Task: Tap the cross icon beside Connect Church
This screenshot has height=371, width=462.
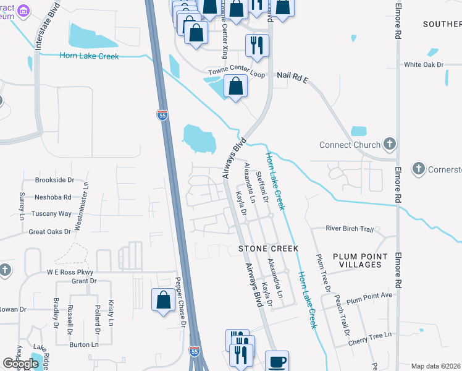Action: [x=389, y=145]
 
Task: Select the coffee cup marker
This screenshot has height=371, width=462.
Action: [x=276, y=361]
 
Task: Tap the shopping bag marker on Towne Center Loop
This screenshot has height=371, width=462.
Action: [x=235, y=86]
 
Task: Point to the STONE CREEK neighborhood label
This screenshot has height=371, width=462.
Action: [x=269, y=249]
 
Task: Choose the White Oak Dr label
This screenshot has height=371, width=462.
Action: [x=424, y=64]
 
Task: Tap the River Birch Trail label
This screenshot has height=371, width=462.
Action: [x=350, y=229]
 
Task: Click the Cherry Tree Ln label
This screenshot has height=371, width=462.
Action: [x=370, y=335]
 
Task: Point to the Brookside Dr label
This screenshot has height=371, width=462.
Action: [x=54, y=180]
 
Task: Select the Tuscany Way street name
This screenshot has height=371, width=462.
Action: [x=52, y=214]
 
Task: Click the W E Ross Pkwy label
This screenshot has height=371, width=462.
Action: [x=69, y=272]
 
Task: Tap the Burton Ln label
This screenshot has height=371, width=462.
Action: [x=84, y=344]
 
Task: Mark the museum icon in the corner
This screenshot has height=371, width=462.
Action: [x=23, y=10]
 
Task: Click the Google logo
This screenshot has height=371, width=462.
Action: [x=21, y=364]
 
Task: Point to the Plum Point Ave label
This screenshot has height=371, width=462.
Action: [x=369, y=296]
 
